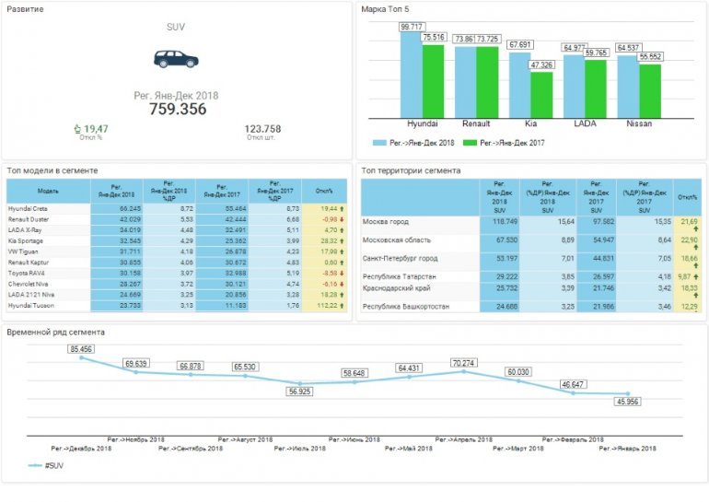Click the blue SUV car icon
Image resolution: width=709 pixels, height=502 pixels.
pyautogui.click(x=175, y=59)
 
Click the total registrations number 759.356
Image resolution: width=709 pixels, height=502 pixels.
pyautogui.click(x=177, y=109)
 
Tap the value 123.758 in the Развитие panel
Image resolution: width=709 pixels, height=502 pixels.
pyautogui.click(x=262, y=129)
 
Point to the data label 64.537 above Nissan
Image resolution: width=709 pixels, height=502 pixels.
pyautogui.click(x=628, y=46)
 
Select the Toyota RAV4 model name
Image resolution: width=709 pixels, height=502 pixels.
pyautogui.click(x=29, y=273)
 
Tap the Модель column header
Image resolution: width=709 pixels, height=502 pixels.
pyautogui.click(x=48, y=191)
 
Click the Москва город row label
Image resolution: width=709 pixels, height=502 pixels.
pyautogui.click(x=387, y=222)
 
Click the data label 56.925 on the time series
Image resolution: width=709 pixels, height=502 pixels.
pyautogui.click(x=300, y=391)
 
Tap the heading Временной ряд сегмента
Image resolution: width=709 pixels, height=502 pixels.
pyautogui.click(x=55, y=332)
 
